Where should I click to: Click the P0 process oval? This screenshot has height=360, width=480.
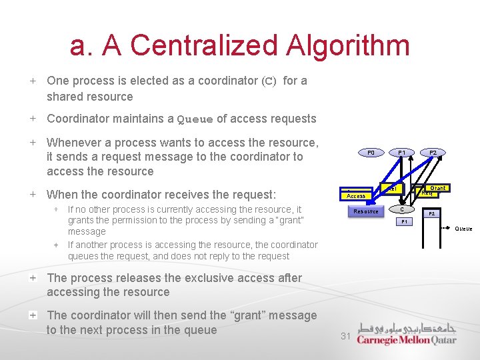pos(371,153)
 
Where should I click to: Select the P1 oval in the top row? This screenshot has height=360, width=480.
pos(402,153)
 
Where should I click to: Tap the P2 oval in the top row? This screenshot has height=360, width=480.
pos(433,153)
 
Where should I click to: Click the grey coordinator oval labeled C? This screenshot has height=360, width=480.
pos(402,209)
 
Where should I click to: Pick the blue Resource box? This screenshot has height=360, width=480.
pos(366,211)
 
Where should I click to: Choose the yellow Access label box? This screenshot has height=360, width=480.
pos(356,195)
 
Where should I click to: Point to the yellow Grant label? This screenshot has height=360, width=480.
pos(437,188)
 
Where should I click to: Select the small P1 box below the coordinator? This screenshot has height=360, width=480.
pos(404,221)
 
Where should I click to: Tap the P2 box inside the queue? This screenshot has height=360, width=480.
pos(431,214)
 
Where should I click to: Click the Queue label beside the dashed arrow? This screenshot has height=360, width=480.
pos(464,229)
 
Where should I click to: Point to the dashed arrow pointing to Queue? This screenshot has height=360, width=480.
pos(446,228)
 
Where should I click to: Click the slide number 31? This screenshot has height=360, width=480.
pos(345,337)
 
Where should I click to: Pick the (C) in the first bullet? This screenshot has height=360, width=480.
pos(268,81)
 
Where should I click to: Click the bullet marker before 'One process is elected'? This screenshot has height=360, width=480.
pos(33,81)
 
